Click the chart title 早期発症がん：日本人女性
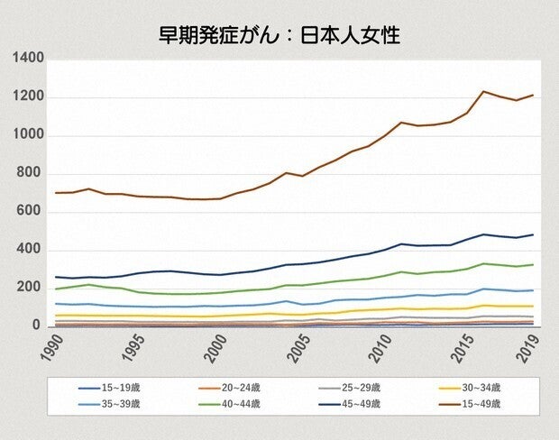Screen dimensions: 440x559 click(x=279, y=35)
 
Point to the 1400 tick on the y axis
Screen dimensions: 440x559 click(x=29, y=59)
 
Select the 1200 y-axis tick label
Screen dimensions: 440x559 click(x=29, y=97)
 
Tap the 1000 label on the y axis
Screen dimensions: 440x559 click(x=29, y=136)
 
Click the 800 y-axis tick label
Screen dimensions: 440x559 click(x=32, y=174)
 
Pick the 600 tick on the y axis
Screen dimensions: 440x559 click(x=32, y=212)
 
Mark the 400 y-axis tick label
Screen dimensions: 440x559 click(x=32, y=250)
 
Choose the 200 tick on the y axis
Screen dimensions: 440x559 click(x=32, y=289)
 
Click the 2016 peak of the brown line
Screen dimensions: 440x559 click(x=483, y=91)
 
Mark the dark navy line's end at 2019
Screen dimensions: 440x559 click(x=533, y=235)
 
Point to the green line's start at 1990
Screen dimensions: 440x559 click(x=55, y=289)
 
